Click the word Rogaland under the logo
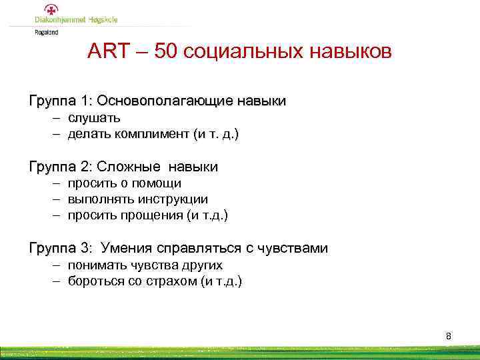tap(47, 31)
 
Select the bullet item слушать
tap(94, 118)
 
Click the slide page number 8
tap(449, 336)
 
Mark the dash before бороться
tap(58, 281)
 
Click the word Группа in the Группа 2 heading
tap(53, 166)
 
